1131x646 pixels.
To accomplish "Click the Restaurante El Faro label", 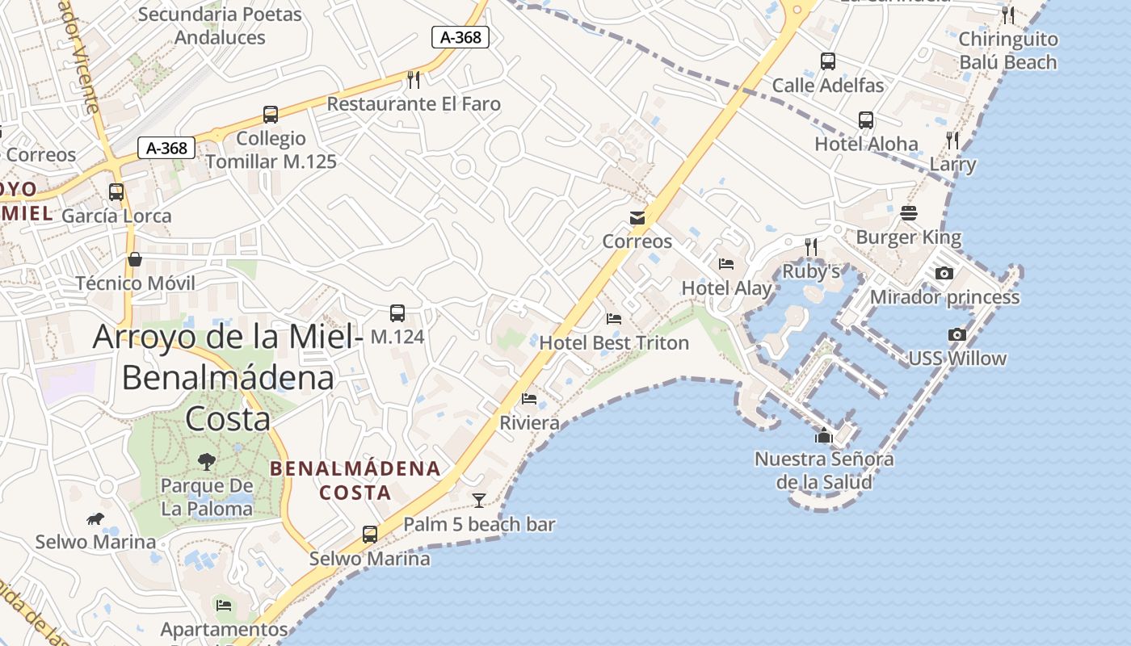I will click(414, 104).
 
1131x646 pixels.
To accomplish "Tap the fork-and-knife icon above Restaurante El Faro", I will click(414, 79).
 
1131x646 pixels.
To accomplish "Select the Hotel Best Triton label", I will click(614, 343).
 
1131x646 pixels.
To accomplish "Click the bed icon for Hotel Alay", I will click(726, 263).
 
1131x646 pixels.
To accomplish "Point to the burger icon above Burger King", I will click(909, 213).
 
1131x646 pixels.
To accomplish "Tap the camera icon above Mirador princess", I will click(944, 273).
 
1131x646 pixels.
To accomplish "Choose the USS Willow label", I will click(957, 359).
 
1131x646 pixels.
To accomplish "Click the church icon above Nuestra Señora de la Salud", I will click(824, 436).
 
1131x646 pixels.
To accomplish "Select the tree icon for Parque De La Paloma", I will click(207, 462).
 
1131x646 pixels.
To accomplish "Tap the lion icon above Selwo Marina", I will click(95, 518).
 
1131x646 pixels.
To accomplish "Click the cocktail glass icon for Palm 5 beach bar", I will click(479, 501).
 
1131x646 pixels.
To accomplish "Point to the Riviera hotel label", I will click(529, 423).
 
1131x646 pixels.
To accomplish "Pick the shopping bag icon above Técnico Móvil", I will click(135, 259).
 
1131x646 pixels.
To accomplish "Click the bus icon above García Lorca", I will click(116, 192).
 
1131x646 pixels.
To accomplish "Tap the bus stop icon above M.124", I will click(397, 313).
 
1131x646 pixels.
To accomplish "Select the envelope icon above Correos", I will click(637, 217).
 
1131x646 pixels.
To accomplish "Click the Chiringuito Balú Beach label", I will click(1007, 51).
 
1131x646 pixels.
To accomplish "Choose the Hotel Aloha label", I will click(866, 145).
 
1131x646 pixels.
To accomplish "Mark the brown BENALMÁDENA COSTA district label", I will click(355, 480).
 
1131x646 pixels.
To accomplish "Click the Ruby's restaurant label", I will click(811, 271).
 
